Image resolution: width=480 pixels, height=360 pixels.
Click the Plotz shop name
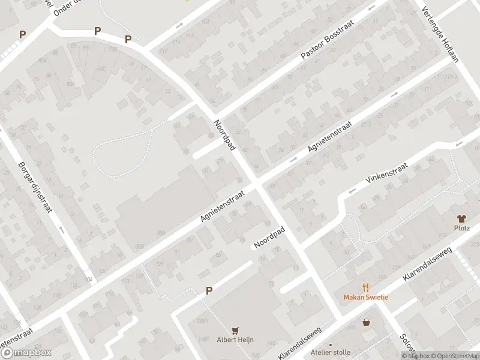461,228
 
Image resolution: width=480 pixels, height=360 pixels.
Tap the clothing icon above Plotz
461,218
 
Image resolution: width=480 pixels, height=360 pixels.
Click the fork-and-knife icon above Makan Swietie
365,287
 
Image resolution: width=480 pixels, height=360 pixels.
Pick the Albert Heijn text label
235,340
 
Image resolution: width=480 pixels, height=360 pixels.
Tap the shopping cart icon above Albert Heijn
235,330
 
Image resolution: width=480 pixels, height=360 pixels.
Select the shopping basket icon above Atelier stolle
366,322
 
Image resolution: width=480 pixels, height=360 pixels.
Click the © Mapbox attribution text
415,356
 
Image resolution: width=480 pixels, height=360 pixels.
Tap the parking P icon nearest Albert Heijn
209,290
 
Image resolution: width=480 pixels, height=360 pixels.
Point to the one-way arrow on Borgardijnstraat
61,229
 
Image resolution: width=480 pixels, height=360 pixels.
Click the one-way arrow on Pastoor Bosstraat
371,8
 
